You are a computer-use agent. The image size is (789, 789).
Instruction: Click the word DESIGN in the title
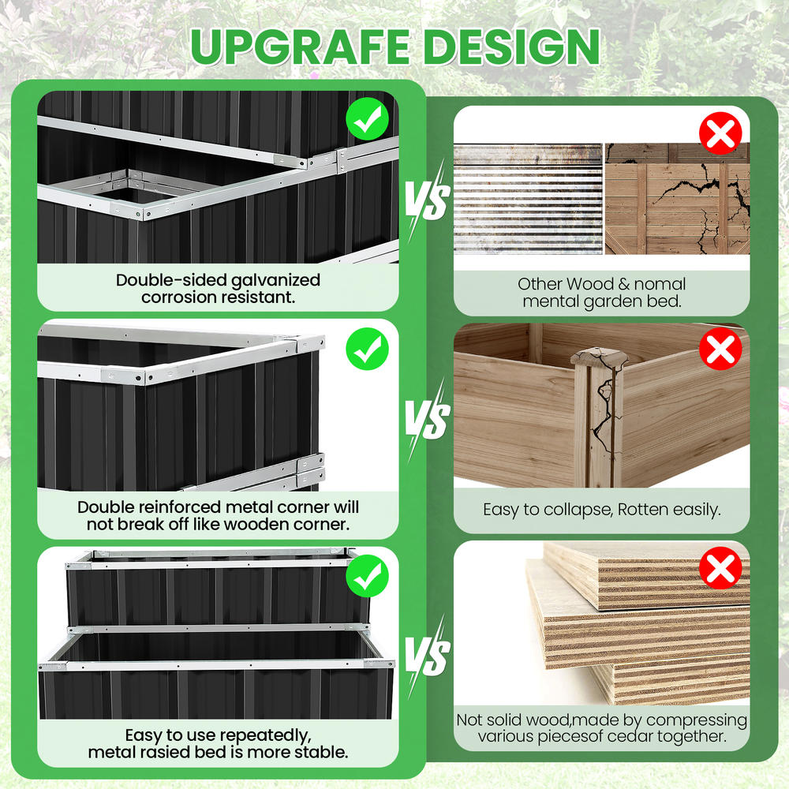click(x=514, y=46)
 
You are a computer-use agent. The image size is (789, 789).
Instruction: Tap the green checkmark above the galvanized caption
click(x=368, y=119)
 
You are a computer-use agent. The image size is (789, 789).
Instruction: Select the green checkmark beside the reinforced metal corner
click(x=368, y=349)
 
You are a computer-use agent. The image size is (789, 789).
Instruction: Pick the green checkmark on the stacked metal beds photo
click(x=368, y=576)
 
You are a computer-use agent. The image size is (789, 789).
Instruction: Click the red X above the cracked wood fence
click(x=720, y=133)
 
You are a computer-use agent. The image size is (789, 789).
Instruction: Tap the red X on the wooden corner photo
click(x=720, y=349)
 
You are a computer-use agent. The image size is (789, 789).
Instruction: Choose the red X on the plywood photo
click(x=720, y=567)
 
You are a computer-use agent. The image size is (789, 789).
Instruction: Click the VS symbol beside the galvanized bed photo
click(x=428, y=201)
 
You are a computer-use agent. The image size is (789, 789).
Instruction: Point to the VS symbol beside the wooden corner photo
click(x=428, y=419)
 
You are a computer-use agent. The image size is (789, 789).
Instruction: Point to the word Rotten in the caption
click(x=642, y=509)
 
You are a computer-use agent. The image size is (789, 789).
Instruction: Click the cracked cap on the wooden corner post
click(x=600, y=357)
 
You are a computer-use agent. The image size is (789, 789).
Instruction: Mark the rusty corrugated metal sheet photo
click(x=528, y=199)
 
